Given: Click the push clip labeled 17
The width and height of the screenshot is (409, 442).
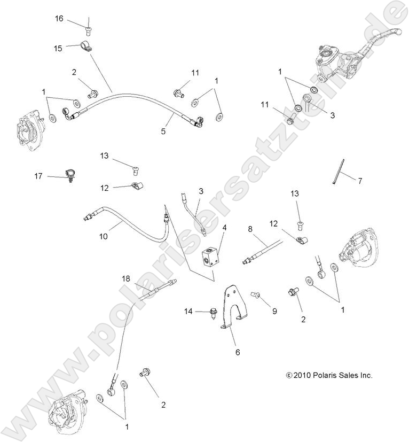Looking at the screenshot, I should (x=70, y=174).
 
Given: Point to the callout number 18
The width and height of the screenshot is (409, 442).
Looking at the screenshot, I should (x=125, y=278).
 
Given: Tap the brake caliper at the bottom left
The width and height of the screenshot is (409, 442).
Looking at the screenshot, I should (x=69, y=412).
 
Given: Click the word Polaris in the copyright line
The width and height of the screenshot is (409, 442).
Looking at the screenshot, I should (x=325, y=376).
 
